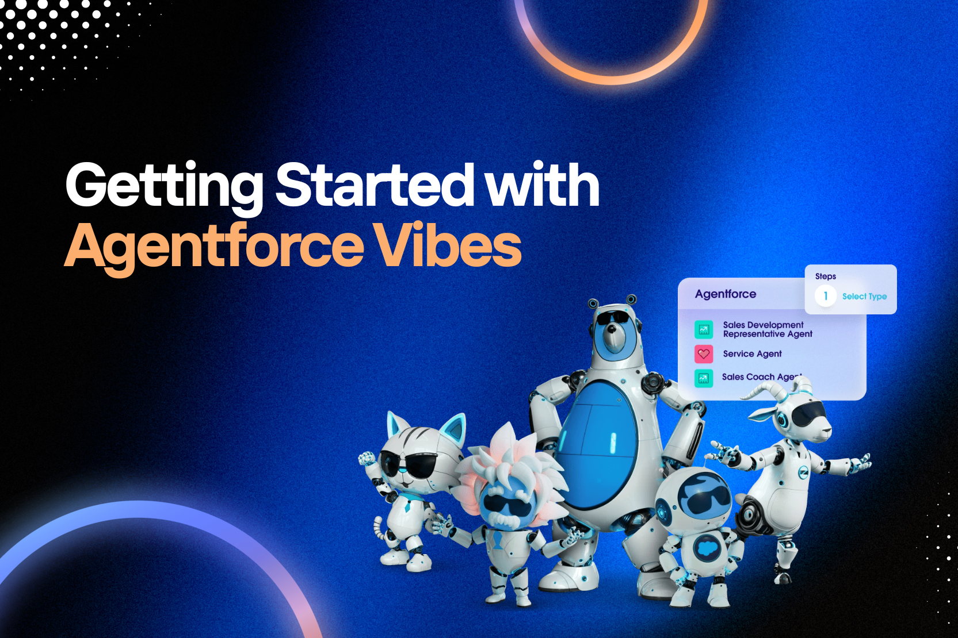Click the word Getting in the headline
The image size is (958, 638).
tap(164, 188)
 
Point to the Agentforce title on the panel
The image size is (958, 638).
tap(726, 294)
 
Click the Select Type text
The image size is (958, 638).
tap(864, 297)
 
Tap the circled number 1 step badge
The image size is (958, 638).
tap(825, 295)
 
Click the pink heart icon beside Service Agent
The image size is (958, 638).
tap(704, 354)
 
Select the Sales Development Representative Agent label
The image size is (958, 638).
tap(767, 329)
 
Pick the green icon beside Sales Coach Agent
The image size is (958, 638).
tap(704, 378)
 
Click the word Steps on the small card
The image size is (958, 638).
tap(826, 276)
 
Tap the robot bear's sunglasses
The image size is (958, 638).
tap(615, 318)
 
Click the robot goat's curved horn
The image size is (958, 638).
tap(770, 391)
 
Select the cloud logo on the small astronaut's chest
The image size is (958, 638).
tap(706, 547)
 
